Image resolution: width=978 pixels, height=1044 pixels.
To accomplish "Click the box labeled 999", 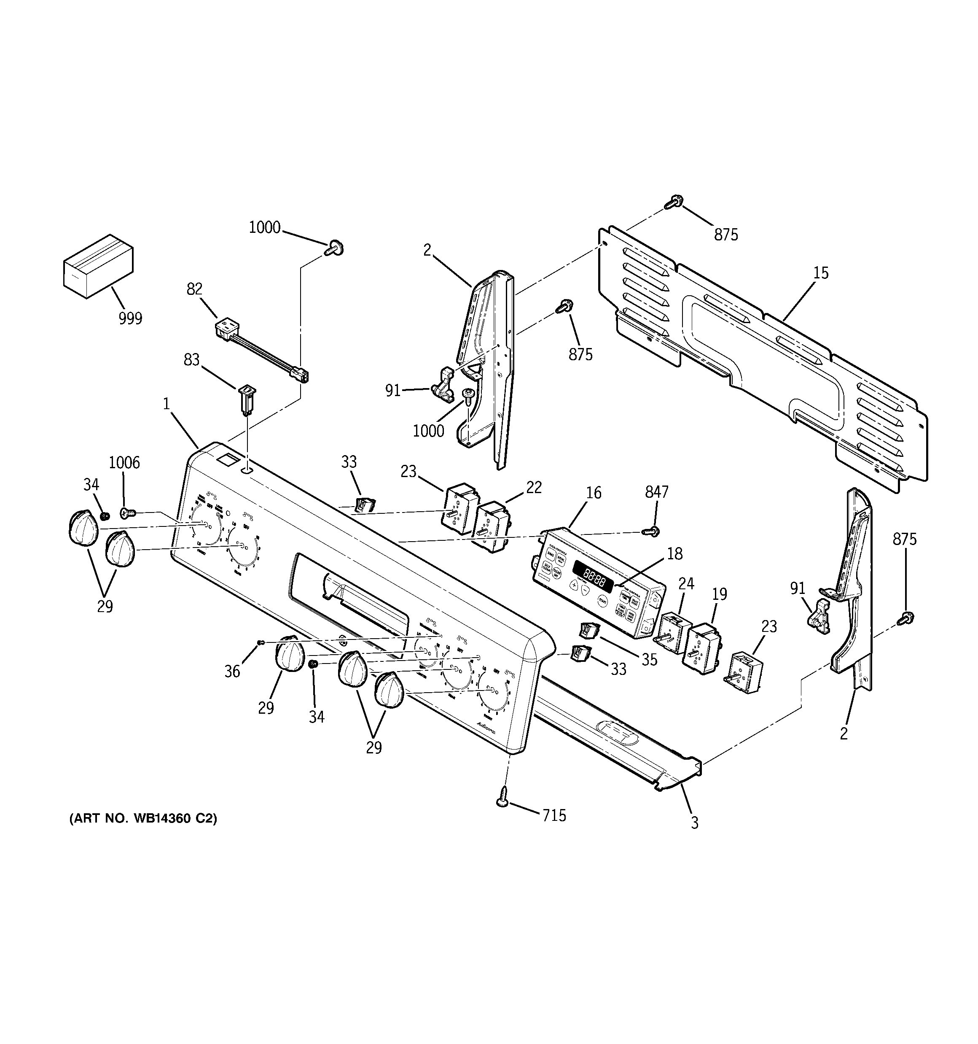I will click(x=98, y=266).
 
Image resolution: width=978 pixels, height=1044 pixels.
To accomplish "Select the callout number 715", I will click(x=555, y=815).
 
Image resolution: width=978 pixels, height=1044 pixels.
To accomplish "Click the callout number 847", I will click(x=656, y=492).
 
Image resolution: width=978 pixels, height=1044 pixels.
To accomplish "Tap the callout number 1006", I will click(x=124, y=463).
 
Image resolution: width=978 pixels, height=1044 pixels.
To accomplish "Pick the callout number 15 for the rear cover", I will click(x=820, y=273).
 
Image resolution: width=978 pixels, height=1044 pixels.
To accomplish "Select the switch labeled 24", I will click(x=669, y=630).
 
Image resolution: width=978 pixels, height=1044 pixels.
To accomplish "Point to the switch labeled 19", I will click(x=701, y=646).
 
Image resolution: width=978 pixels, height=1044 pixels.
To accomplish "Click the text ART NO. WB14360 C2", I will click(x=143, y=833).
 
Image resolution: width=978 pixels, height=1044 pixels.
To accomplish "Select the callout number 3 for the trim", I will click(x=695, y=823).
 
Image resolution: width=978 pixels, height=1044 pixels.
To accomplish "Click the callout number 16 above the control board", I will click(x=593, y=493).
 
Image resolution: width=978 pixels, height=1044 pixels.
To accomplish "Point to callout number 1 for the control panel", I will click(x=167, y=404).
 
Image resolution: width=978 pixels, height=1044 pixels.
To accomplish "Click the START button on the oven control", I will click(x=603, y=601).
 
